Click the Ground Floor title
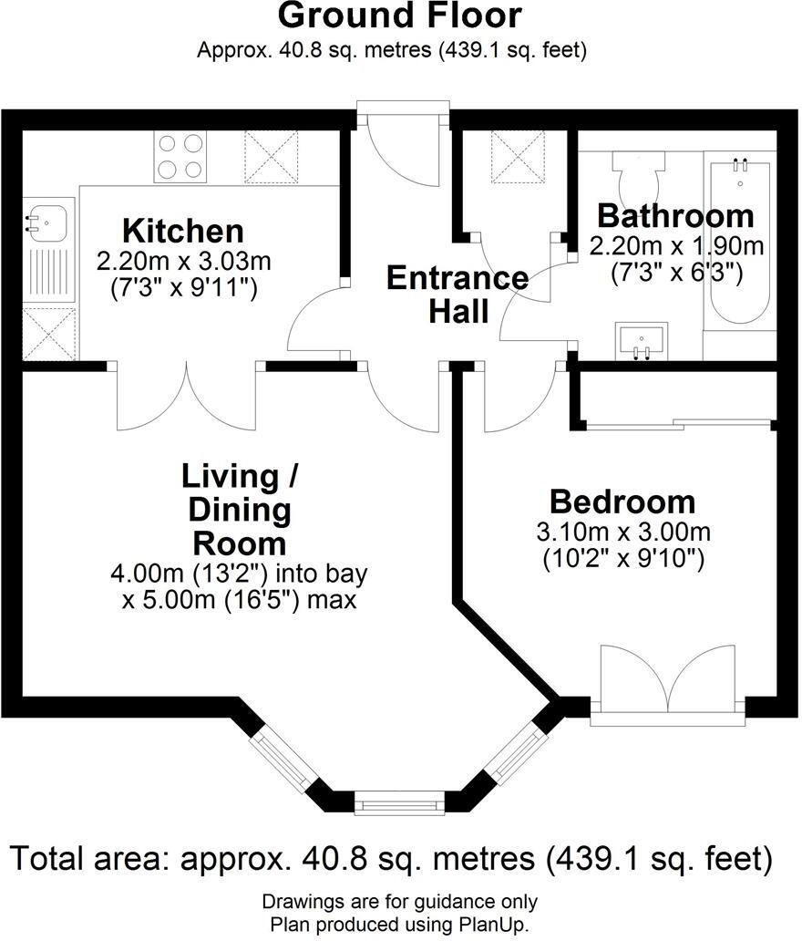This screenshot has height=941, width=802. (400, 16)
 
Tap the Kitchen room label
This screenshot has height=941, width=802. (183, 230)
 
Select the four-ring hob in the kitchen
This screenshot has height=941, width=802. (180, 156)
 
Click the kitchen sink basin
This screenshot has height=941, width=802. (46, 222)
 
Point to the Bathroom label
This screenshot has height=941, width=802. (675, 217)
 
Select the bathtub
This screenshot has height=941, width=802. (740, 241)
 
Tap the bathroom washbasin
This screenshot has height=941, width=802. (643, 340)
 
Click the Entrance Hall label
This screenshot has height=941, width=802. (458, 294)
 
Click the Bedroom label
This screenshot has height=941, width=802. (622, 502)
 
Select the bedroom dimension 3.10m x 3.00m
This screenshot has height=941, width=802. (623, 532)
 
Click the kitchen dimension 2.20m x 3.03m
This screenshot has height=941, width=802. (183, 262)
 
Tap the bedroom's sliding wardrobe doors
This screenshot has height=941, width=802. (674, 423)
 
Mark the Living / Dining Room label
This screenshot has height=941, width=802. (242, 509)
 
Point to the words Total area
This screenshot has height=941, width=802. (89, 858)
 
